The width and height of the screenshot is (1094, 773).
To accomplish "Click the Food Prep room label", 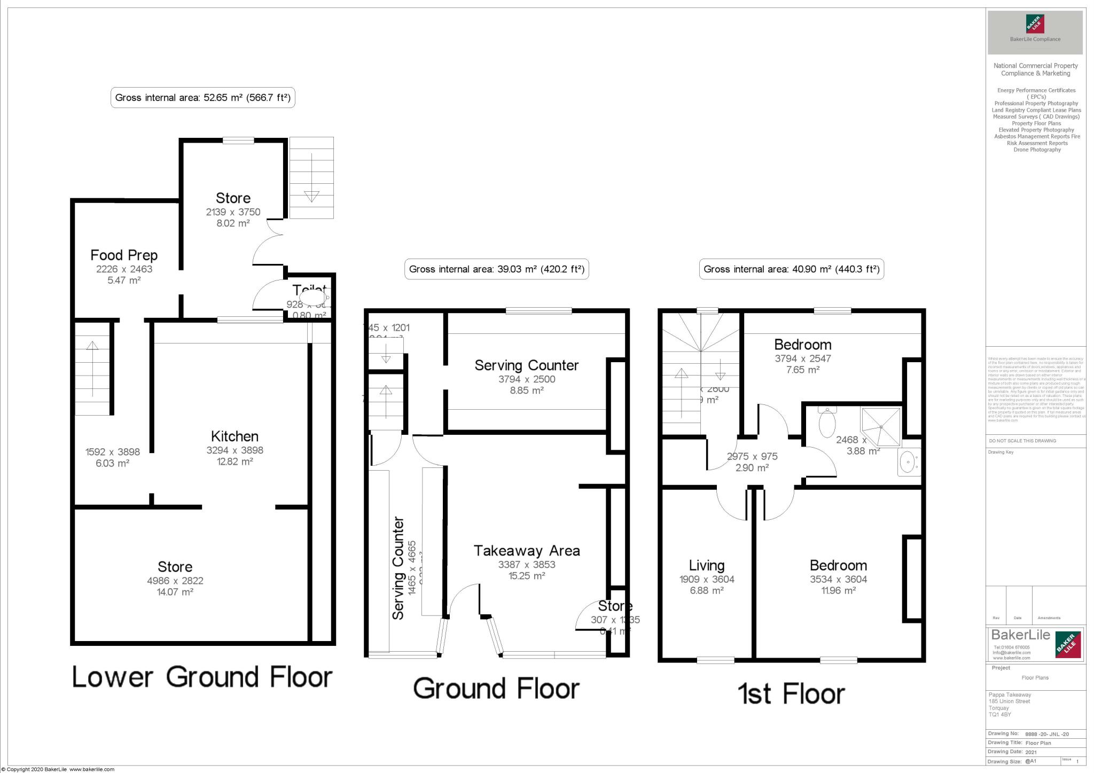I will pyautogui.click(x=124, y=255).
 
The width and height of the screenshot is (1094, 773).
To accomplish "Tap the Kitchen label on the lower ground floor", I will pyautogui.click(x=235, y=436).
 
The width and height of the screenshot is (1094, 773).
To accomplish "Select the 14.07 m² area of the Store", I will pyautogui.click(x=175, y=592).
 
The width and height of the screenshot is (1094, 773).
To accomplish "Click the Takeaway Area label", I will pyautogui.click(x=527, y=551).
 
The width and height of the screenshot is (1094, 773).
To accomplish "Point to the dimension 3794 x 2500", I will pyautogui.click(x=527, y=379).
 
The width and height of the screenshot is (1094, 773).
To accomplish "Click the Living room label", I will pyautogui.click(x=706, y=565).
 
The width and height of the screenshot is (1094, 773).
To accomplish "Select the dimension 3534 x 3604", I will pyautogui.click(x=838, y=579).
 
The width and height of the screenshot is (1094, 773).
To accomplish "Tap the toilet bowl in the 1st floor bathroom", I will pyautogui.click(x=827, y=423).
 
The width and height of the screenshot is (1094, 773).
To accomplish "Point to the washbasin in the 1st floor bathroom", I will pyautogui.click(x=908, y=462).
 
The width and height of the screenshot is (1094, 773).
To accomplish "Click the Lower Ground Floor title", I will pyautogui.click(x=202, y=677).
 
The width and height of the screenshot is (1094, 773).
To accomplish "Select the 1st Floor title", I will pyautogui.click(x=791, y=694).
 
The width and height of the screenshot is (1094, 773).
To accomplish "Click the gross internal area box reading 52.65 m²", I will pyautogui.click(x=202, y=98).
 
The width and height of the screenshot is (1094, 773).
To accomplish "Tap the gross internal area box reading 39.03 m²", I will pyautogui.click(x=496, y=269).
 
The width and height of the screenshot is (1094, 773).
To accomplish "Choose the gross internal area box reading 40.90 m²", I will pyautogui.click(x=791, y=269).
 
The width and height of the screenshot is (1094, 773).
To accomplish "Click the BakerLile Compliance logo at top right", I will pyautogui.click(x=1035, y=33).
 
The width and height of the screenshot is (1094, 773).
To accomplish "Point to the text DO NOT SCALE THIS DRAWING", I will pyautogui.click(x=1022, y=441).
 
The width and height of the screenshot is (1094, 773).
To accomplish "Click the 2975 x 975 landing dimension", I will pyautogui.click(x=752, y=457).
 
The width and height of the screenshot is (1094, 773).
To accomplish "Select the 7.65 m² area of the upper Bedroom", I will pyautogui.click(x=802, y=370).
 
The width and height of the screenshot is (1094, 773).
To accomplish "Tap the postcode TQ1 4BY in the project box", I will pyautogui.click(x=999, y=714).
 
